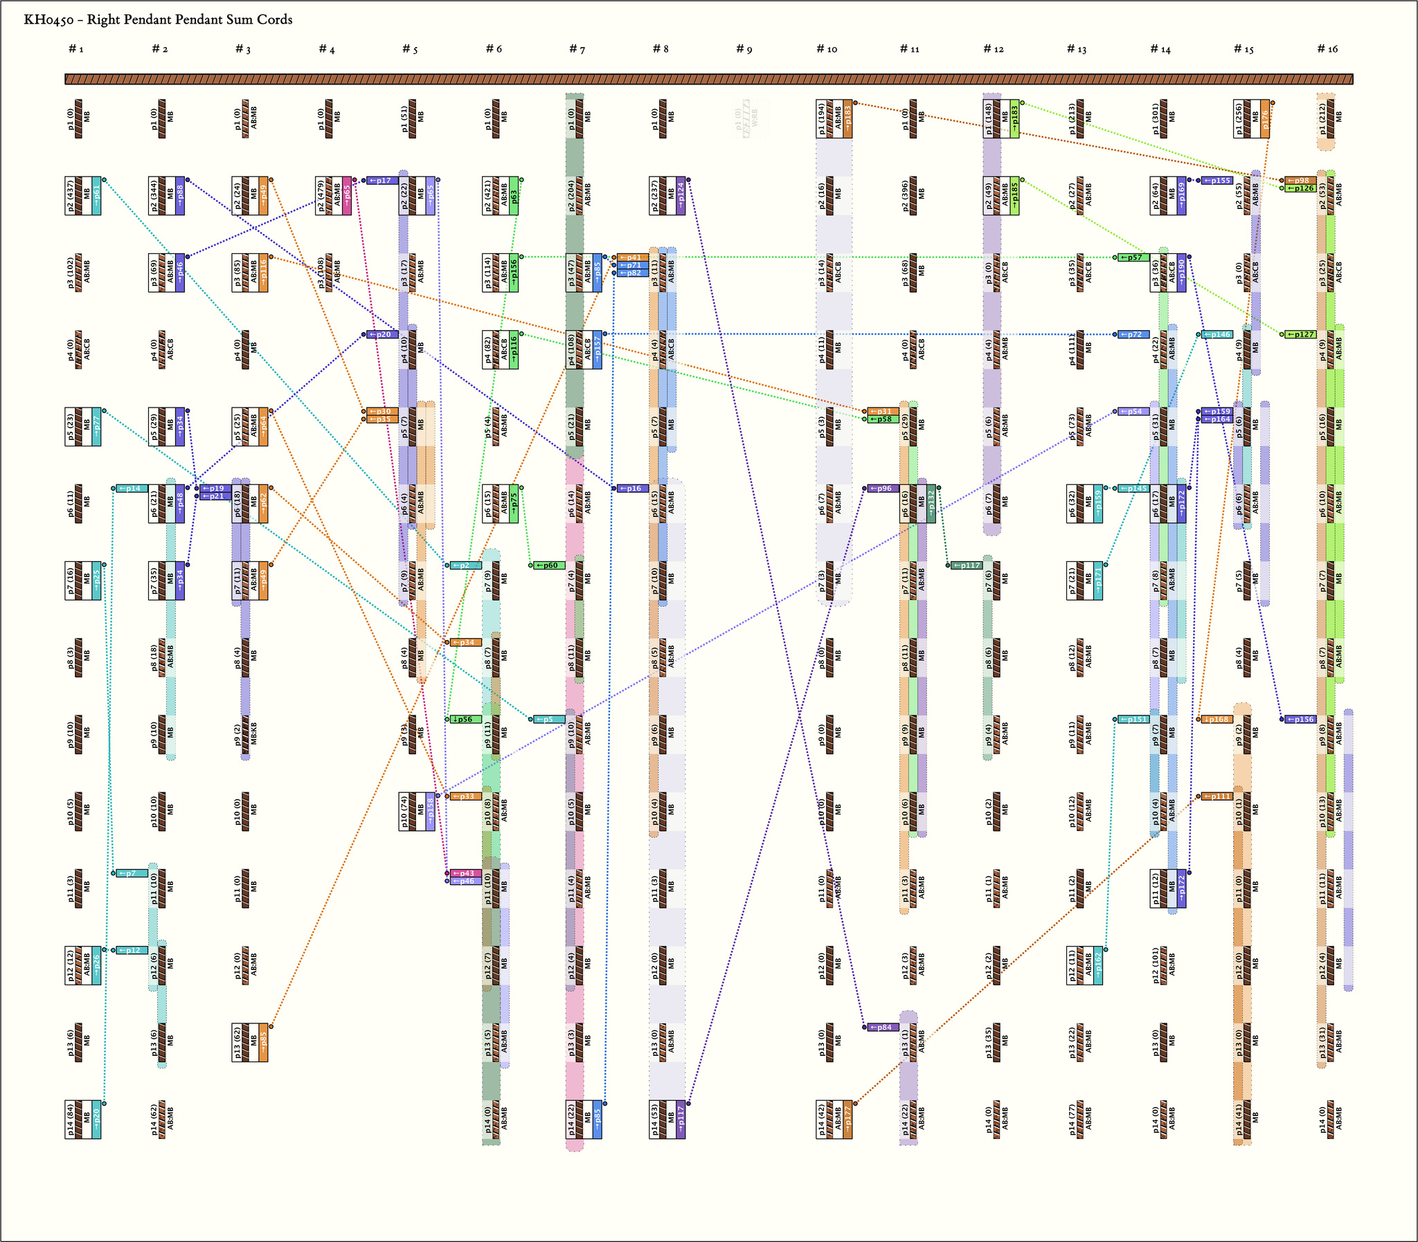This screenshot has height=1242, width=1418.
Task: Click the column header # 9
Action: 744,48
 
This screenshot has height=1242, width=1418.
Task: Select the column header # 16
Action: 1327,48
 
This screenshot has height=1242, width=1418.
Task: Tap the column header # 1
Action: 76,48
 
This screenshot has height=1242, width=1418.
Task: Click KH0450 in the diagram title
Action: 48,19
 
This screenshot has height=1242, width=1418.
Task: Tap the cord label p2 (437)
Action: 69,195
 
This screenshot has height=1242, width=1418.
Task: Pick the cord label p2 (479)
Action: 321,195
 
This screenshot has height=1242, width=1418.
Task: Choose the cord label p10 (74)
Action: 404,811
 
